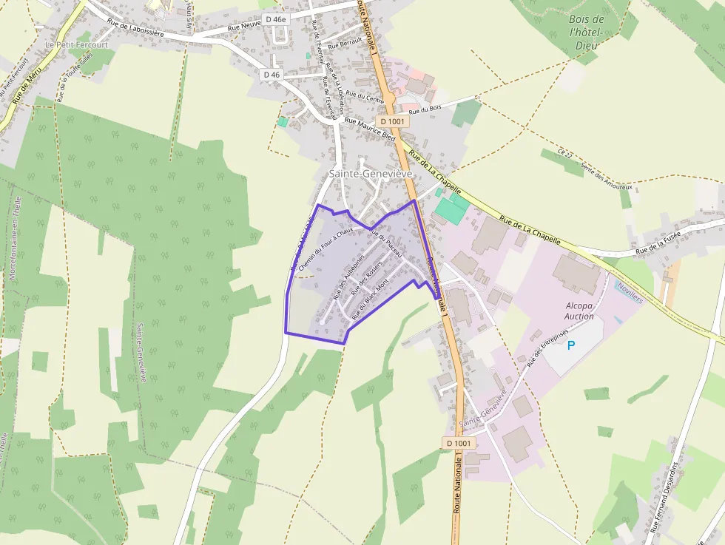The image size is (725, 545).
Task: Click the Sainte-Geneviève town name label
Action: point(371,173)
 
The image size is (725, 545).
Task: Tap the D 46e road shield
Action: point(297,18)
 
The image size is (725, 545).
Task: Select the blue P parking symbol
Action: point(571,345)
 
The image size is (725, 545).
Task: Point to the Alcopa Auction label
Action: point(579,311)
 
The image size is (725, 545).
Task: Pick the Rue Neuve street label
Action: point(243,27)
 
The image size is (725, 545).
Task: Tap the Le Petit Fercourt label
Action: point(77,44)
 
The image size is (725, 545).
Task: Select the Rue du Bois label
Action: point(425,109)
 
